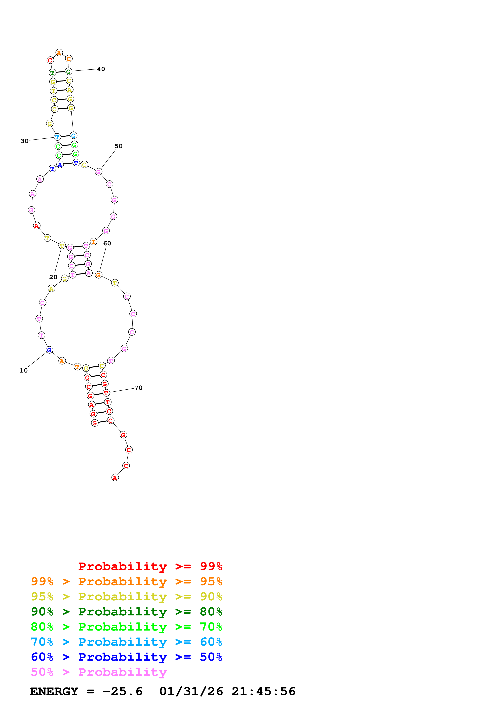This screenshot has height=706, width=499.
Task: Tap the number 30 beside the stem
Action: point(25,141)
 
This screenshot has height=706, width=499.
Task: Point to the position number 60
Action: point(107,243)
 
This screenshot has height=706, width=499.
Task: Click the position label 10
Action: point(24,371)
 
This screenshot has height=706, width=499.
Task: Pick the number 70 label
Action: point(138,388)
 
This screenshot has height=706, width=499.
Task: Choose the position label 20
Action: point(53,277)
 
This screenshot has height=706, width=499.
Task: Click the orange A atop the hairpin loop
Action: point(59,53)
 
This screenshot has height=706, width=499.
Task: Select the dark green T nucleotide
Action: point(52,73)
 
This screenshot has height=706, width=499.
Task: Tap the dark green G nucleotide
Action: point(68,72)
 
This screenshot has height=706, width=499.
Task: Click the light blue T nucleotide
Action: point(57,137)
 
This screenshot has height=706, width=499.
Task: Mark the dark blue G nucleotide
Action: point(49,350)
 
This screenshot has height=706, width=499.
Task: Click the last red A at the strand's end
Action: point(115,478)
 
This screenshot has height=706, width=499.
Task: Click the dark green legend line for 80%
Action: point(126,612)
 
